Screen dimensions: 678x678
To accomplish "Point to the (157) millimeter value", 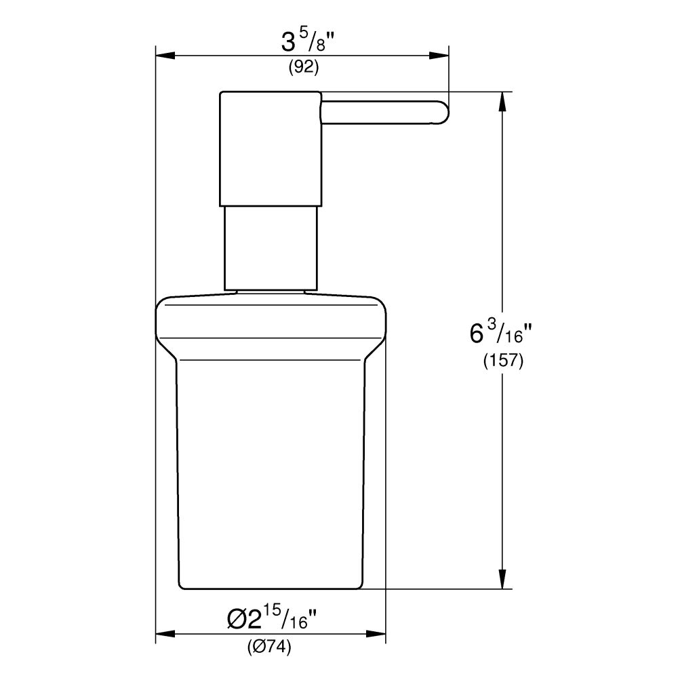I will (502, 361).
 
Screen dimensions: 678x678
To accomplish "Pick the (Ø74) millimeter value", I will (270, 647).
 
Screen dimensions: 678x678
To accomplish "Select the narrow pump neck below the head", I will (270, 247).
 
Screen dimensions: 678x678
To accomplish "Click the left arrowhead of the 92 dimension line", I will (165, 56).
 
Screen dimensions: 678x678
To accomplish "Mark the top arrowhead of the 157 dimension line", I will (502, 100).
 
